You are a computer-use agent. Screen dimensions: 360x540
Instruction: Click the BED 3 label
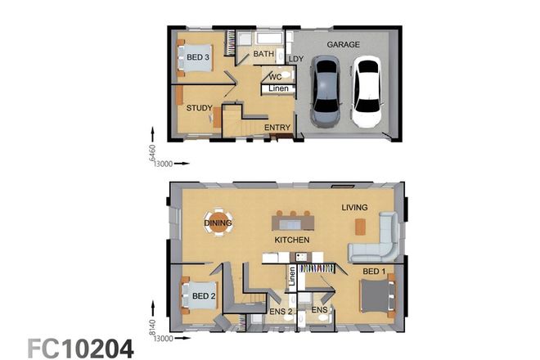(x=198, y=57)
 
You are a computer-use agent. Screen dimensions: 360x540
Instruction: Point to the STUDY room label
(x=199, y=107)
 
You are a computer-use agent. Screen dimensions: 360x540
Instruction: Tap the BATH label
(x=263, y=54)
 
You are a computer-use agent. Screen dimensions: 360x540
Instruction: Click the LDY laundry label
(x=296, y=59)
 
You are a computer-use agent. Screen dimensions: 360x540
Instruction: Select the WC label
(x=276, y=77)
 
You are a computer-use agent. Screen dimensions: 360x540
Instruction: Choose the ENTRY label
(x=277, y=128)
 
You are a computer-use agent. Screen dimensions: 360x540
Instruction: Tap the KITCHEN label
(x=291, y=240)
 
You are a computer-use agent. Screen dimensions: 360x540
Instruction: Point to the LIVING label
(x=354, y=207)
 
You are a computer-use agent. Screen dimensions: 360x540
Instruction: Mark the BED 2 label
(x=204, y=295)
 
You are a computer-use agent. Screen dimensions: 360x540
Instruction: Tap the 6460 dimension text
(x=152, y=152)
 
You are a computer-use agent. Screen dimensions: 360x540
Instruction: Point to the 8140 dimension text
(x=152, y=327)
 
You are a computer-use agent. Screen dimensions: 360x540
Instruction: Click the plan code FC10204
(x=80, y=348)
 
